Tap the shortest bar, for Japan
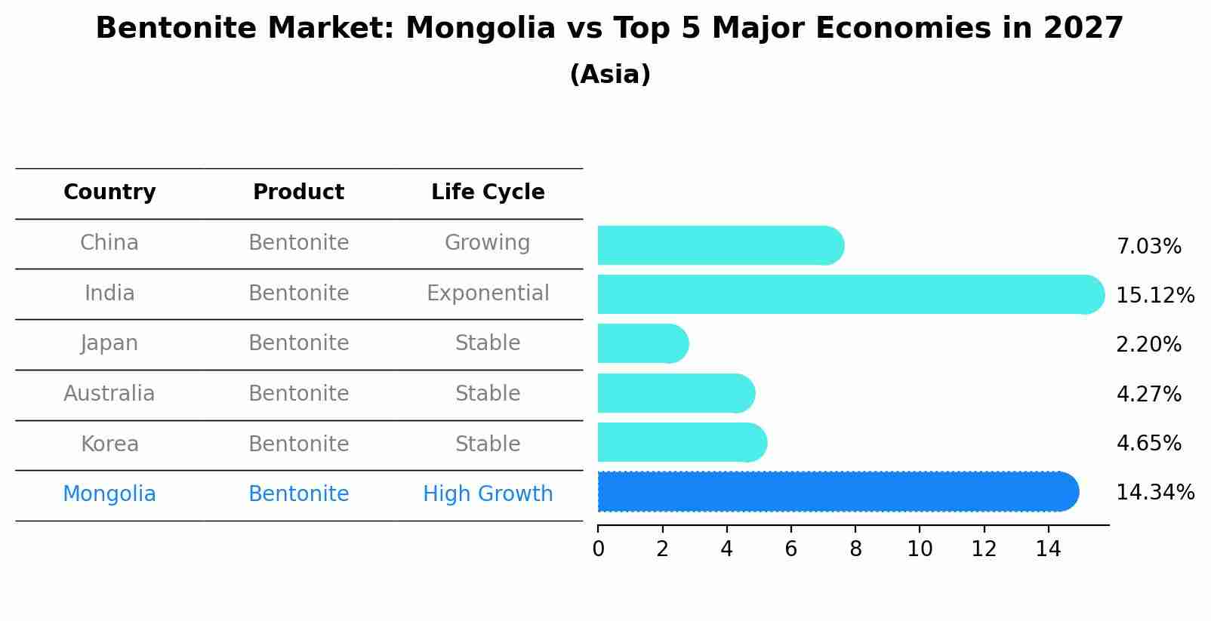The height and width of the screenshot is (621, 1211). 642,343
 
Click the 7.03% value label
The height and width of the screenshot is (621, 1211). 1148,247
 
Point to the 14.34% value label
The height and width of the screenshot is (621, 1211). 1154,493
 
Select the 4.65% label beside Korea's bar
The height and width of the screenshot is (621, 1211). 1148,443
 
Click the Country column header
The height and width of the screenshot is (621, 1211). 109,192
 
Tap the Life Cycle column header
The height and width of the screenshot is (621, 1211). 488,192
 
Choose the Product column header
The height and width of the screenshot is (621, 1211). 298,192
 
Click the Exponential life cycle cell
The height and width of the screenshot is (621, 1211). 488,293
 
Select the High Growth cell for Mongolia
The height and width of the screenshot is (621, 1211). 488,494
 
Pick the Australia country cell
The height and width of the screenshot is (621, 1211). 109,394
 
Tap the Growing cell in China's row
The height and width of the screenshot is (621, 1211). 488,243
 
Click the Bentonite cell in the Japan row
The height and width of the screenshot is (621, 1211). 298,343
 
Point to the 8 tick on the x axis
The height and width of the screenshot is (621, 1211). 855,549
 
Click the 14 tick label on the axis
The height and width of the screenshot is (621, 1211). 1048,549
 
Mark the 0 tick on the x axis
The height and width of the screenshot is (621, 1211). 598,549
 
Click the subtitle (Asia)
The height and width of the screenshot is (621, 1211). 610,75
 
